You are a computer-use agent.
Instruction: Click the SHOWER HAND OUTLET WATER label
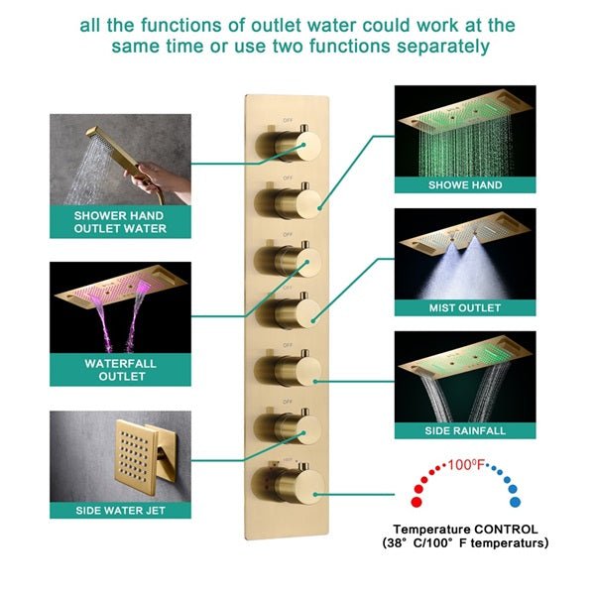pos(120,221)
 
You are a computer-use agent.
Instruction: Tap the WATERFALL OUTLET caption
pos(120,370)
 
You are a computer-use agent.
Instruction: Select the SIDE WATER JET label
pos(120,511)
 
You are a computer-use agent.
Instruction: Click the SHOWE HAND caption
pos(465,184)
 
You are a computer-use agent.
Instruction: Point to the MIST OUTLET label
pos(465,307)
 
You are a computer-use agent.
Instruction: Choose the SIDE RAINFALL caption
pos(465,431)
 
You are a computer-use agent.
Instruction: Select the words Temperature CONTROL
pos(465,530)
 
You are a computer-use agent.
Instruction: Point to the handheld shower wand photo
pos(120,158)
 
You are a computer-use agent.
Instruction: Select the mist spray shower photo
pos(465,254)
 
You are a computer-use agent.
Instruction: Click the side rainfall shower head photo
pos(465,377)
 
